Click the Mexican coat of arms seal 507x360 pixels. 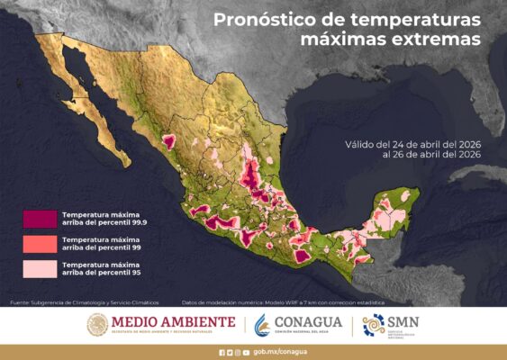tap(97, 325)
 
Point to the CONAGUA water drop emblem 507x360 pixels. tap(263, 324)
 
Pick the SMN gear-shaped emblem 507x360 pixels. tap(372, 325)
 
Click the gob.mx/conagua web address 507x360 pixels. tap(274, 352)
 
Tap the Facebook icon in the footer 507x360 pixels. tap(222, 352)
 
